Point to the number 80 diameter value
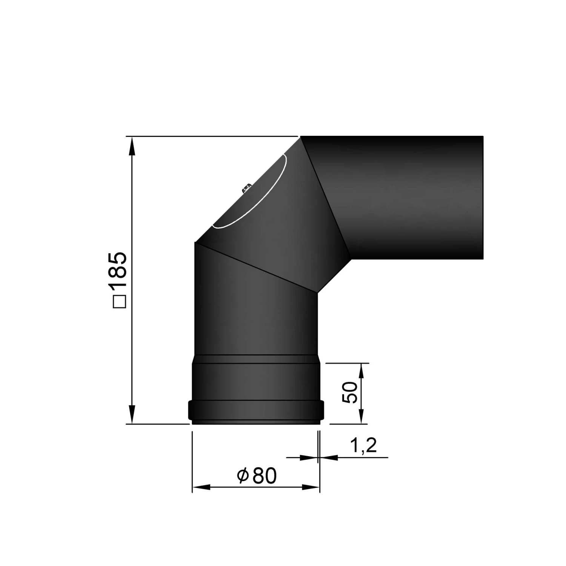point(265,476)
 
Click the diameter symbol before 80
point(243,476)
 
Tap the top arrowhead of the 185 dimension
point(132,146)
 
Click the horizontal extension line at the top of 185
point(211,136)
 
